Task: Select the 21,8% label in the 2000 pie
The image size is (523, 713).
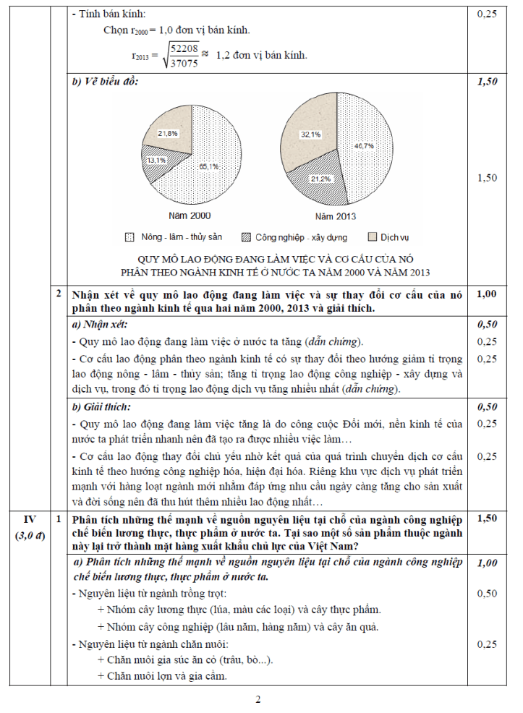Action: pos(168,134)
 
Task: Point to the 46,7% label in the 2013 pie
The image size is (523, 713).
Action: pos(363,146)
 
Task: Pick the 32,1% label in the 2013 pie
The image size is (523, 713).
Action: pos(311,135)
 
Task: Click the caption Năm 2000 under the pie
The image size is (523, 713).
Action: pos(190,215)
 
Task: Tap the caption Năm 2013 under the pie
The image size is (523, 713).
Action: pos(336,215)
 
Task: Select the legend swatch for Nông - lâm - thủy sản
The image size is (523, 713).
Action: pos(129,237)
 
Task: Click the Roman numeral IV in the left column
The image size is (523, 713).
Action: pos(29,518)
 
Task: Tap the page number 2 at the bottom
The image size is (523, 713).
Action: pos(258,699)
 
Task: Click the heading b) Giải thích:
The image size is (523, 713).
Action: pos(105,407)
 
